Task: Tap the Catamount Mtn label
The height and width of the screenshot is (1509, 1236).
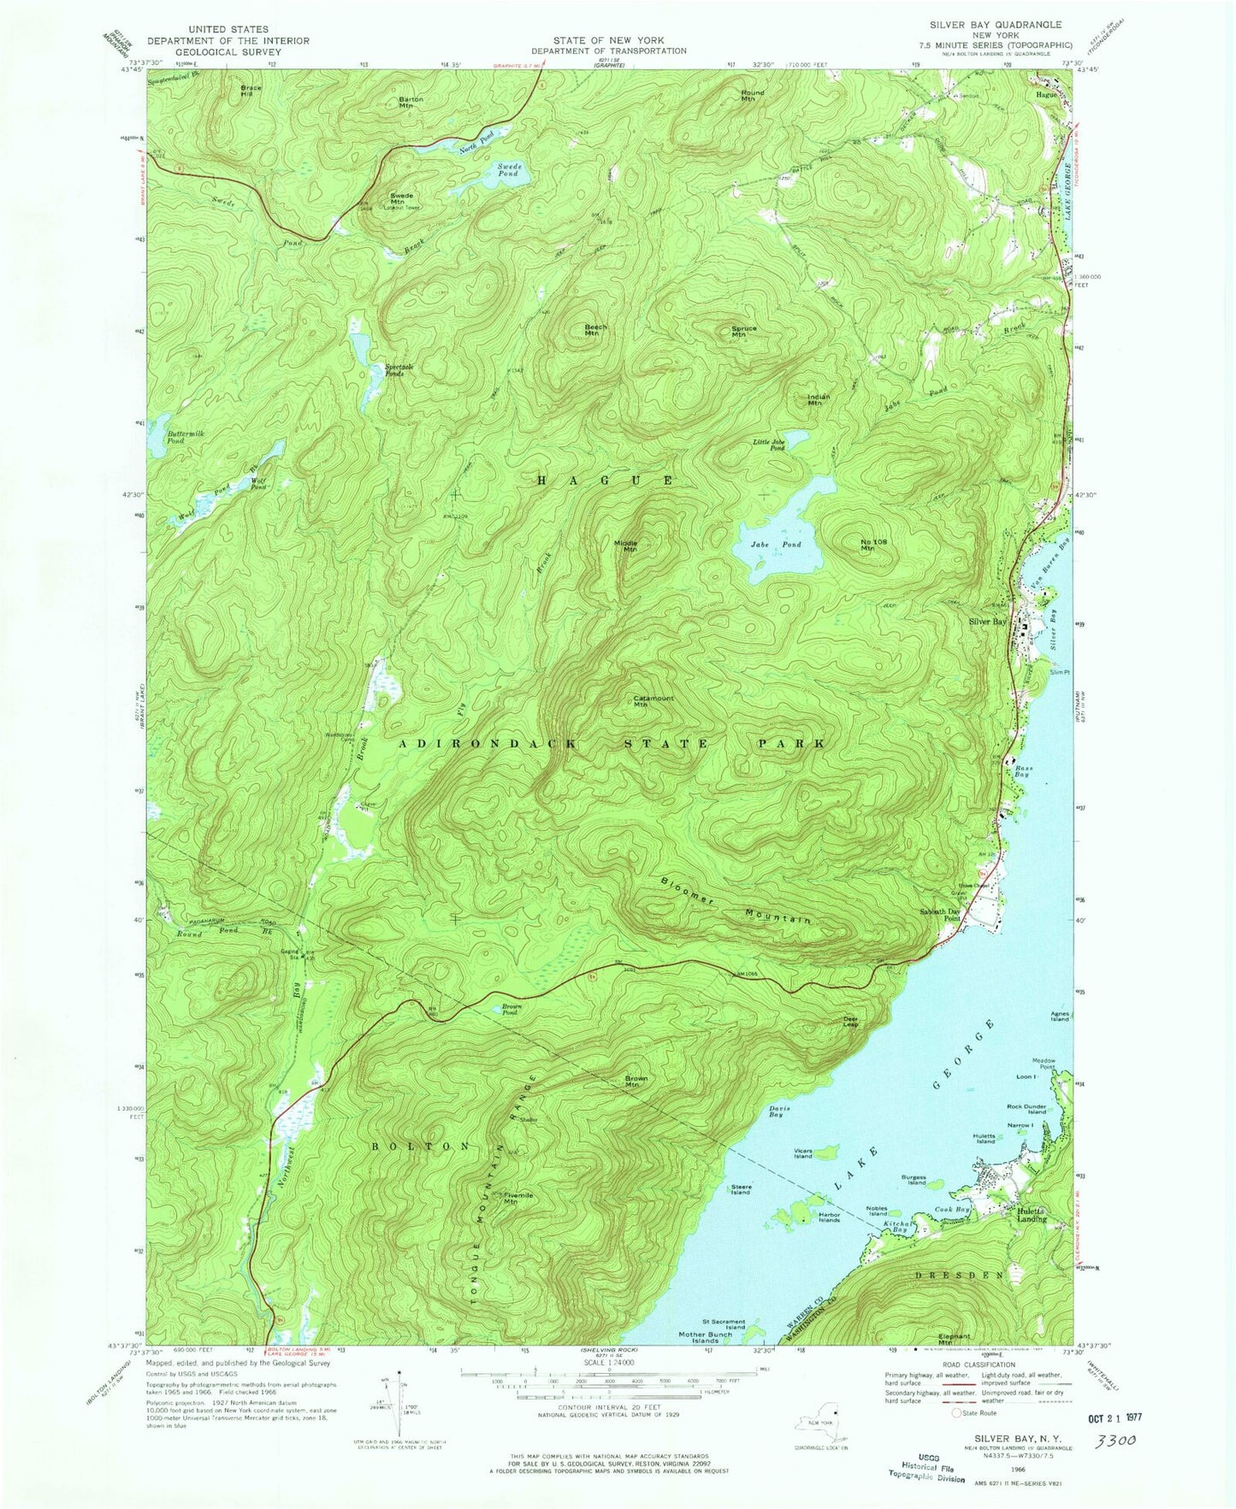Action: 653,702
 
